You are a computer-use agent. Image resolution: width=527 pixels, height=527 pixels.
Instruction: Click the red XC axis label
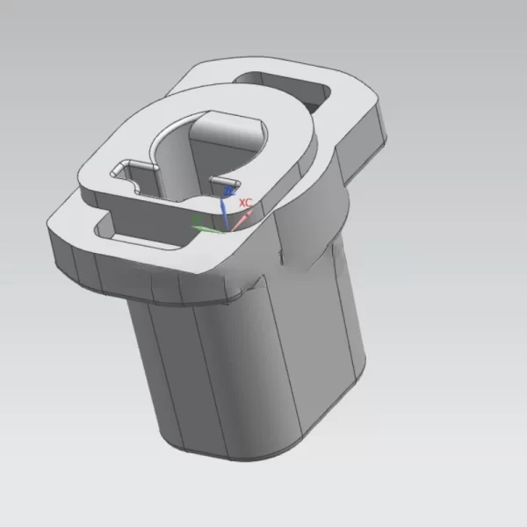[x=246, y=202]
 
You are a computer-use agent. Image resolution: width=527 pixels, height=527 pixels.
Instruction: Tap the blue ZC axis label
[x=230, y=190]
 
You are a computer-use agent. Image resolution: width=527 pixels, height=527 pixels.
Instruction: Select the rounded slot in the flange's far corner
[x=290, y=88]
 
